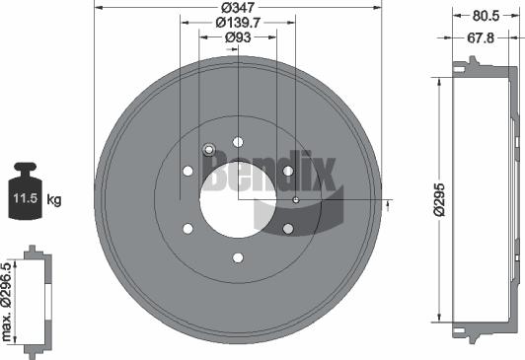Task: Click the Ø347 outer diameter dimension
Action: [x=237, y=8]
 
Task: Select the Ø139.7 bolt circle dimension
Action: [x=237, y=22]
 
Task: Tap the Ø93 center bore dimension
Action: [x=237, y=36]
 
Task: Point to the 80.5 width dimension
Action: [x=485, y=16]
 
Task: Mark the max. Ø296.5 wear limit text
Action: [x=8, y=300]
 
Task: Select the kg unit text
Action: [x=54, y=200]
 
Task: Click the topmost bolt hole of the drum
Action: [x=238, y=142]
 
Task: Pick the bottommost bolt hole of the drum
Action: [x=238, y=258]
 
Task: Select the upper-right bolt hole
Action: [x=288, y=172]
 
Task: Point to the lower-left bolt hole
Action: [x=187, y=230]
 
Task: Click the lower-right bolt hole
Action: [x=288, y=230]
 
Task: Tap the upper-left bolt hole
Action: [x=187, y=172]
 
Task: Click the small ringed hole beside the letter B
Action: [x=208, y=150]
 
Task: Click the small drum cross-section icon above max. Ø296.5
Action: [x=37, y=300]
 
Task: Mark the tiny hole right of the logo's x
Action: [x=295, y=200]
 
